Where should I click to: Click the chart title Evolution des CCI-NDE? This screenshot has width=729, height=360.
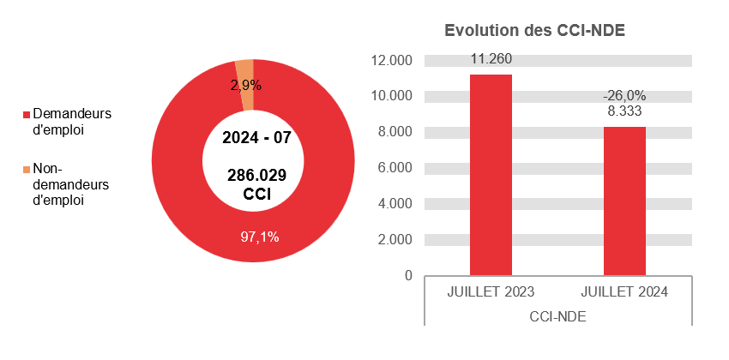click(x=534, y=31)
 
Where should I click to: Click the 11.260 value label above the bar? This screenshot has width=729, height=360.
click(x=491, y=59)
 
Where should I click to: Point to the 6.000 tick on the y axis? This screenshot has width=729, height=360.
click(x=395, y=167)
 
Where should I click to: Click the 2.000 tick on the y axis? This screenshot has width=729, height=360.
click(x=395, y=239)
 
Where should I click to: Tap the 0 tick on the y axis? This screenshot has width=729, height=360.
click(x=408, y=275)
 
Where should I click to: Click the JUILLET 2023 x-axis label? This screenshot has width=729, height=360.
click(x=491, y=292)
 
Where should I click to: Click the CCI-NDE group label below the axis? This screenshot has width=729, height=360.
click(x=557, y=316)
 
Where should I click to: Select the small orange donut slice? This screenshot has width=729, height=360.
click(x=246, y=73)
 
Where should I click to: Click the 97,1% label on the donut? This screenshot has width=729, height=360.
click(x=259, y=237)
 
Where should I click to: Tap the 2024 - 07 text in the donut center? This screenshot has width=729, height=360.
click(x=256, y=137)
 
